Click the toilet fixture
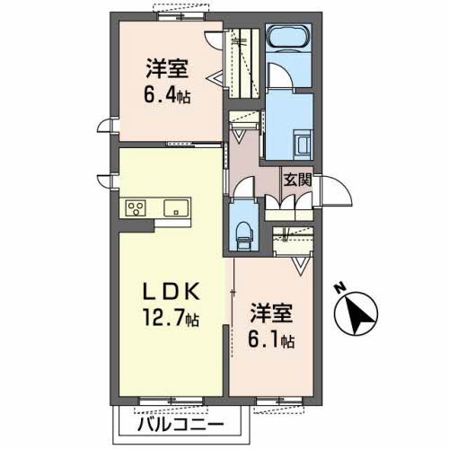coord(242,234)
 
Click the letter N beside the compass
coord(340,287)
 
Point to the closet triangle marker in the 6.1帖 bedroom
coord(301,265)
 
